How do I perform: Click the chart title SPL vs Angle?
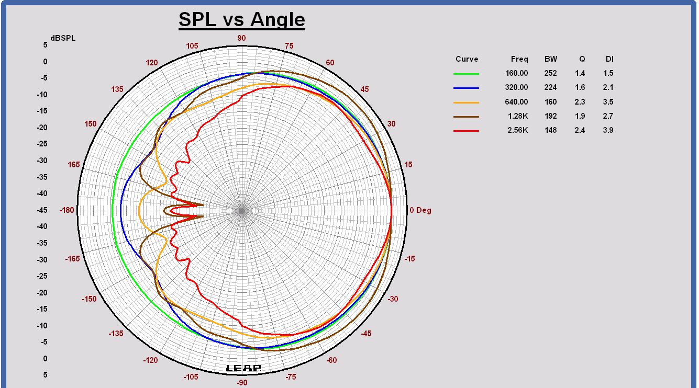241,20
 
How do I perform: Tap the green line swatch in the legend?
466,74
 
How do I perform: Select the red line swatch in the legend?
466,131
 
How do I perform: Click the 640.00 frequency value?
516,102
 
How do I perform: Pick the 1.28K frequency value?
517,116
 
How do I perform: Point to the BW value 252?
550,73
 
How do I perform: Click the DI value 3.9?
608,130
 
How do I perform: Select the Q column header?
582,59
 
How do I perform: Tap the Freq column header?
519,59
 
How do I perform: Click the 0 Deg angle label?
420,210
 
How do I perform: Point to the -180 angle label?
67,210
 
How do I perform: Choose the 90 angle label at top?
241,38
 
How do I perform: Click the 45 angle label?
364,89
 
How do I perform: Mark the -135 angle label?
116,334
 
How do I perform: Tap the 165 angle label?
74,165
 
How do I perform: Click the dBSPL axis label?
63,38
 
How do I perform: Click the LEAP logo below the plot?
243,368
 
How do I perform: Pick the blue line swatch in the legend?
466,88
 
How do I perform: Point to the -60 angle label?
331,360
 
